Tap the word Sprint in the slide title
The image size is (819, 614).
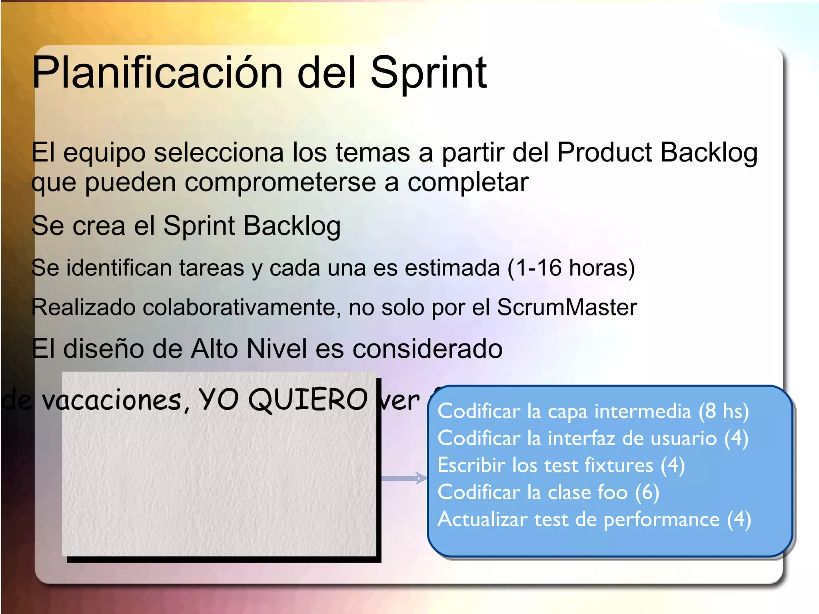click(x=428, y=73)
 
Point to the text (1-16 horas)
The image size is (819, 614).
click(x=571, y=267)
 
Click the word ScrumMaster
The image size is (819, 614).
click(x=567, y=307)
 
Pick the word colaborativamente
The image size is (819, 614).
click(x=242, y=307)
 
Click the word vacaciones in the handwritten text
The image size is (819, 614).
click(x=112, y=400)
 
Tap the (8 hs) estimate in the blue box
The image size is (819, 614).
click(x=723, y=411)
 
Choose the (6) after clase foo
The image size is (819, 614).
click(x=647, y=492)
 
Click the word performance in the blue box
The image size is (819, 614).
click(x=661, y=519)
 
